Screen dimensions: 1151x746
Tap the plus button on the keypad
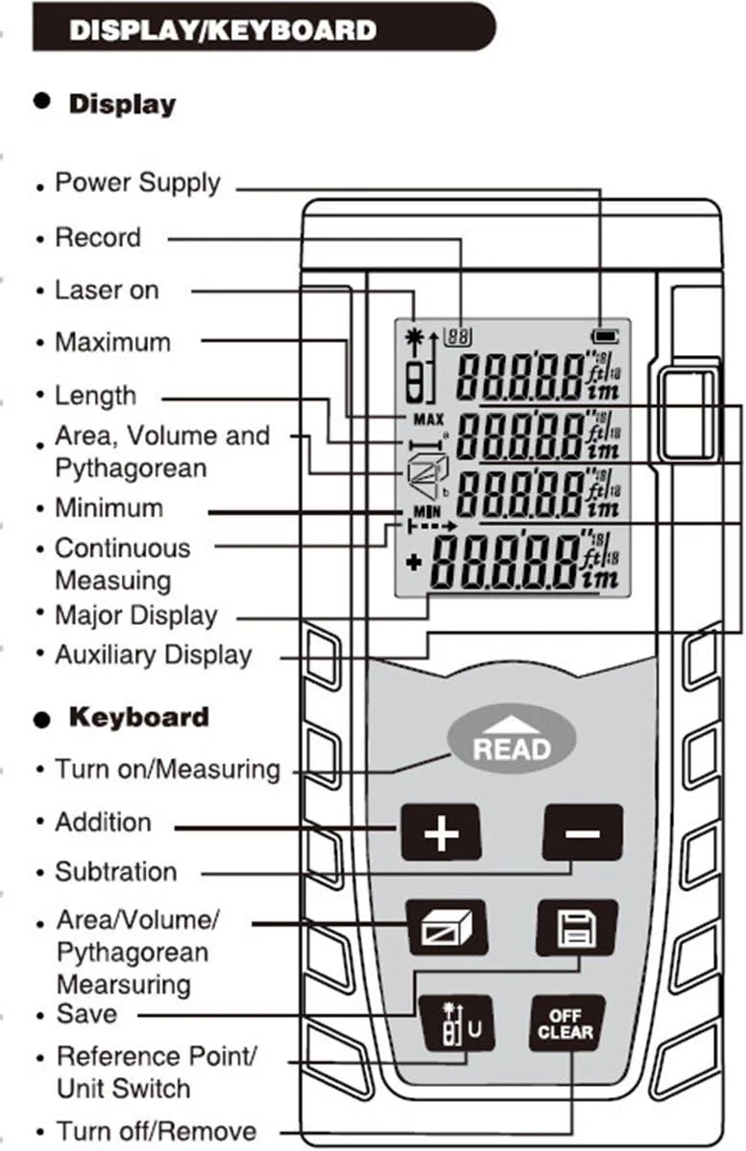click(x=441, y=832)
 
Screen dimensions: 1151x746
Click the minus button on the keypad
click(x=582, y=832)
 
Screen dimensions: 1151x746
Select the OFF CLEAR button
click(x=566, y=1025)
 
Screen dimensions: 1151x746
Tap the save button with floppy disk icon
click(x=576, y=927)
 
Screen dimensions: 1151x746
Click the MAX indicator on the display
click(x=427, y=420)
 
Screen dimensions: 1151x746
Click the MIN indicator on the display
click(x=425, y=512)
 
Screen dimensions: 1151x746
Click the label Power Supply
click(x=137, y=182)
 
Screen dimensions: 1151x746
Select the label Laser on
click(x=107, y=290)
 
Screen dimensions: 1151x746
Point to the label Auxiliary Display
click(x=154, y=655)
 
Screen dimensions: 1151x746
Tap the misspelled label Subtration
click(x=116, y=872)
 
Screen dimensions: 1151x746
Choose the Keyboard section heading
click(x=138, y=717)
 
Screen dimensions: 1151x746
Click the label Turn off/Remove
click(x=156, y=1131)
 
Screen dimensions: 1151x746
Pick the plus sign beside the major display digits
click(x=414, y=563)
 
